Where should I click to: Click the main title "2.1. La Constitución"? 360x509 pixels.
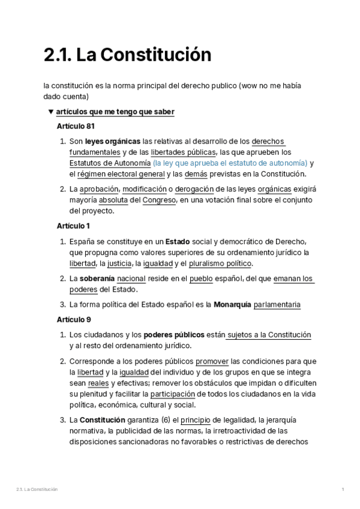[127, 55]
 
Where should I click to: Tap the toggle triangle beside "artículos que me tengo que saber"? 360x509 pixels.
[50, 112]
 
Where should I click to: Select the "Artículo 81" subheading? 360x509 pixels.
[76, 127]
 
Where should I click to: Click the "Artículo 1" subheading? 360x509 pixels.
[73, 226]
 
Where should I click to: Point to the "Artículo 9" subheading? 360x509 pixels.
[73, 319]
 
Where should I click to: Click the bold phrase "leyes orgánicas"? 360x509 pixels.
[113, 141]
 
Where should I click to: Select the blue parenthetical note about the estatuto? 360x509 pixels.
[230, 163]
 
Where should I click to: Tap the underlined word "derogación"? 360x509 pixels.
[196, 189]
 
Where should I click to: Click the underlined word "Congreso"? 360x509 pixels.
[159, 200]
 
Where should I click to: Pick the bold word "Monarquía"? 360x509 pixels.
[232, 304]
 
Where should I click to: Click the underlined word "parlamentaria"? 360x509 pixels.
[277, 304]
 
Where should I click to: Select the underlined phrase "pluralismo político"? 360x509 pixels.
[221, 264]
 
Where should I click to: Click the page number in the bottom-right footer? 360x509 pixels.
[342, 490]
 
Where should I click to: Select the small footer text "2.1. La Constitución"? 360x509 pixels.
[37, 490]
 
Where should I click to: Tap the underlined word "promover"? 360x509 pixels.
[212, 361]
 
